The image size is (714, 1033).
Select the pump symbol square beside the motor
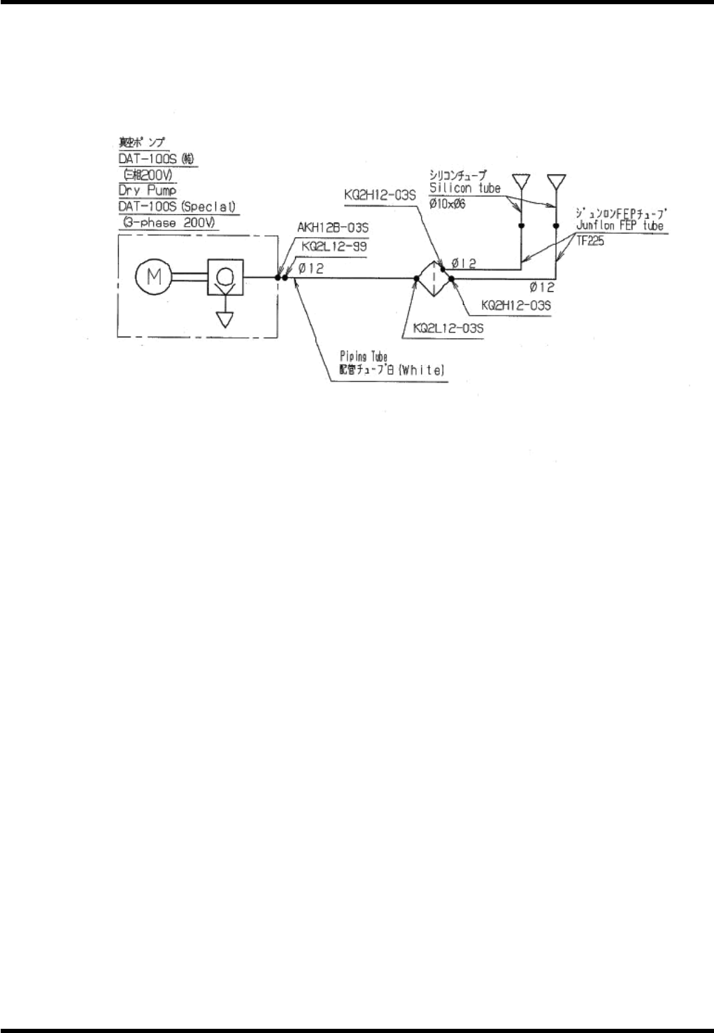tap(224, 278)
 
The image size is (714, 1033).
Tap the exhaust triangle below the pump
tap(224, 318)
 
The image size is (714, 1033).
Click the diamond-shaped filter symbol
tap(433, 278)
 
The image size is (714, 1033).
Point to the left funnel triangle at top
tap(521, 181)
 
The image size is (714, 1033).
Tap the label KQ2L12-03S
tap(449, 328)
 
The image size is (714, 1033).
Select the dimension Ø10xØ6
tap(443, 204)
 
